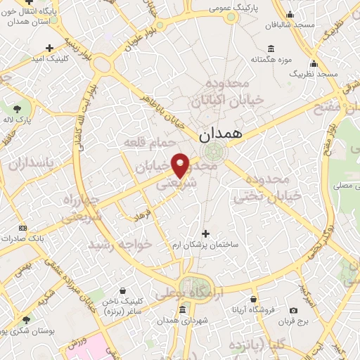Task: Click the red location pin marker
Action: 181,166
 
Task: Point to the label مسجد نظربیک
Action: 316,73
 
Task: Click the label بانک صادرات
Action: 41,238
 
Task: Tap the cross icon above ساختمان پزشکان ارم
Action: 205,233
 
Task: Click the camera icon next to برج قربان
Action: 293,310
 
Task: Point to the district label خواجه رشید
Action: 120,244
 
